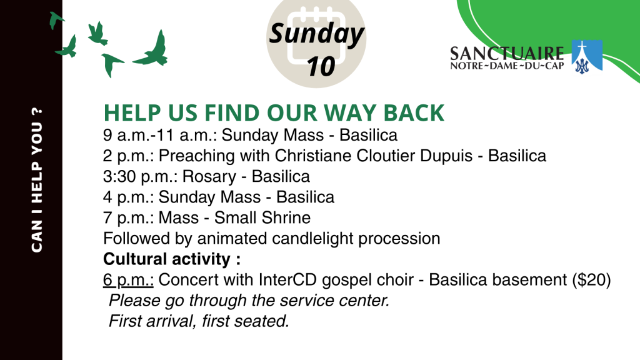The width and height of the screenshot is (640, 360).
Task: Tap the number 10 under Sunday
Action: [321, 66]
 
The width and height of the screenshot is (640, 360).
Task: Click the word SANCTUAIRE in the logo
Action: [507, 53]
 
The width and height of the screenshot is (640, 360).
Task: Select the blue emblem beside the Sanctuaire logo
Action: [587, 56]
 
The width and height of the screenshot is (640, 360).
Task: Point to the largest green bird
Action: [153, 51]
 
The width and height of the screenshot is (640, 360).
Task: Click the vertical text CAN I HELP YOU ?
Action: [37, 180]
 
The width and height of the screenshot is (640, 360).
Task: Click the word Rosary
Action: [209, 177]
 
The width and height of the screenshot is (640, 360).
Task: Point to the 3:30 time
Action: [119, 177]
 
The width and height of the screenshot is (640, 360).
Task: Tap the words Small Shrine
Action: [262, 217]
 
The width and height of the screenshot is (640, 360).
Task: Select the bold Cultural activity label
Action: [172, 259]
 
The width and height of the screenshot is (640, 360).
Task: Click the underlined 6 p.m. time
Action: [128, 280]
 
